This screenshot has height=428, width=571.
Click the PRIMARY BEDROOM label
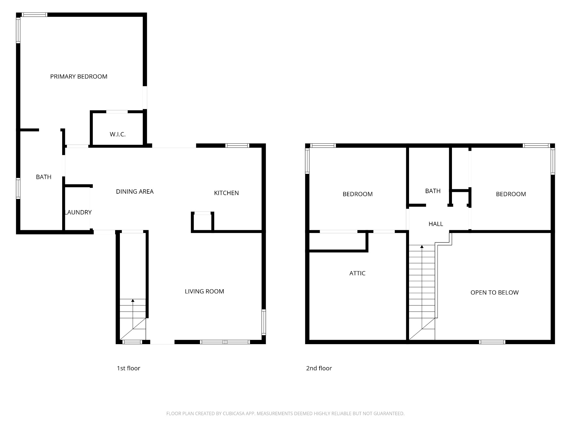click(79, 77)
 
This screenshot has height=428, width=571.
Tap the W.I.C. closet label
click(118, 134)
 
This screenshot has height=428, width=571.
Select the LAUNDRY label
click(78, 212)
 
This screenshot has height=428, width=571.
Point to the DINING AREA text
click(135, 191)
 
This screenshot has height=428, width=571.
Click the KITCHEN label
click(226, 193)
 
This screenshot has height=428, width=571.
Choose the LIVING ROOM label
click(204, 291)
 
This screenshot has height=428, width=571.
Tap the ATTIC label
click(357, 273)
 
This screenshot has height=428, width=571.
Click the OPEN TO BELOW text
click(495, 293)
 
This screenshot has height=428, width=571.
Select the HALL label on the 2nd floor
click(436, 224)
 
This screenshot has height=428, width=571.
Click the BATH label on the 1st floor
click(44, 177)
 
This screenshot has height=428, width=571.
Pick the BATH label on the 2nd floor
click(433, 191)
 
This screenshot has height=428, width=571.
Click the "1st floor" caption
click(129, 368)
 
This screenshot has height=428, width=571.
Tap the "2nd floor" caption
click(319, 368)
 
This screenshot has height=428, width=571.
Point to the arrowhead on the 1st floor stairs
click(133, 301)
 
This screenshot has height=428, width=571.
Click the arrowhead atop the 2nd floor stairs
click(422, 247)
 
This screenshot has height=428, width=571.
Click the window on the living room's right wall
click(264, 322)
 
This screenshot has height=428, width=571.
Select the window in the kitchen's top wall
click(237, 145)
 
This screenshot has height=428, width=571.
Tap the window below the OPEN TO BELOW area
click(492, 342)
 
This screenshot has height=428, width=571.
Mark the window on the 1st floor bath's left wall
click(18, 188)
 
